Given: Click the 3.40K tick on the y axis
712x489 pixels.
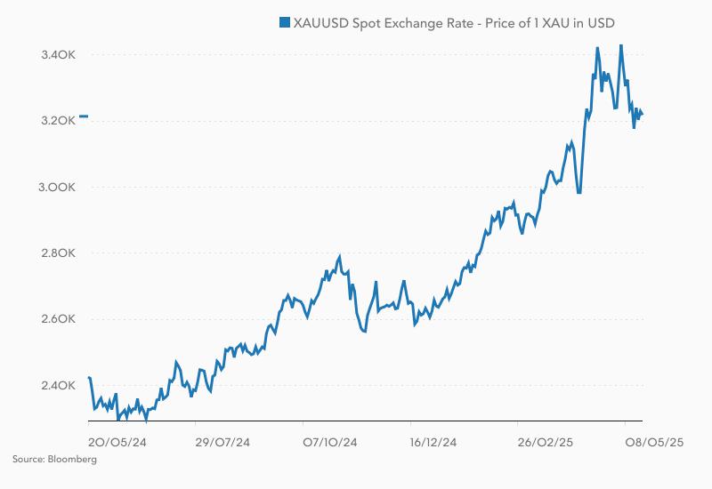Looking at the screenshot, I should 59,55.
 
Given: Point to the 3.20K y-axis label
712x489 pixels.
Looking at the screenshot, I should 59,121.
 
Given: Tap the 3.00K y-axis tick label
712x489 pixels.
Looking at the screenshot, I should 59,188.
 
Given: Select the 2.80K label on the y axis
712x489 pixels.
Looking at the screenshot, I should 59,253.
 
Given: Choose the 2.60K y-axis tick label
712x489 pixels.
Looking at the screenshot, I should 59,319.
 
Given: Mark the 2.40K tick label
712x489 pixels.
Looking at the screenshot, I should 59,386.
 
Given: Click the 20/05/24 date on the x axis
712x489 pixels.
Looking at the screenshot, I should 117,441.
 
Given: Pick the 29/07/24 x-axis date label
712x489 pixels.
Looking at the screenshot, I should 222,441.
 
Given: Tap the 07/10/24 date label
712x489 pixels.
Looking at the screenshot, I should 329,441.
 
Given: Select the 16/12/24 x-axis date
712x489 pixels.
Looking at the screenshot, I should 433,441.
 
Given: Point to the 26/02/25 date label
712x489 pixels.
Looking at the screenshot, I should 543,441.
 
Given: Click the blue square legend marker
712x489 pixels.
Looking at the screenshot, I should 284,22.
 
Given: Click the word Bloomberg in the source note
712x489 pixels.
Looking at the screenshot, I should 73,460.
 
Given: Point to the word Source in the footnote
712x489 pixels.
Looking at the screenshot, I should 28,460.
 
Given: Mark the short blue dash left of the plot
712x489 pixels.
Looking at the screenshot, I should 83,116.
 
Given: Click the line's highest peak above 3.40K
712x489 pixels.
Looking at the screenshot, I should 620,44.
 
